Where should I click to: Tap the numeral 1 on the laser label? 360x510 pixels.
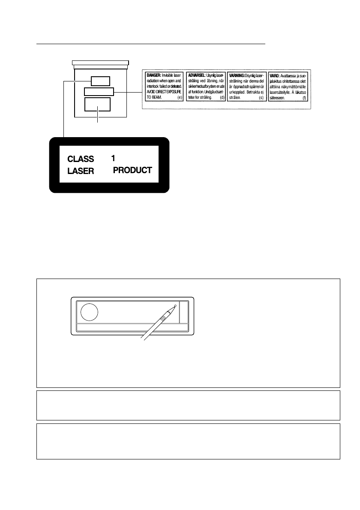click(x=113, y=158)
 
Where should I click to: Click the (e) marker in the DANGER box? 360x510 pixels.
click(x=179, y=98)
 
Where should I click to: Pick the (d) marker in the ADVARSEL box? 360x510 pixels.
click(x=222, y=98)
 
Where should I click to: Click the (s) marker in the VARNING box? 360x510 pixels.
click(x=261, y=98)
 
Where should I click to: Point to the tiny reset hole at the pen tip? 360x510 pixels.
click(x=175, y=306)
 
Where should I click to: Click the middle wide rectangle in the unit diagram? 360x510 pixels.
click(x=99, y=91)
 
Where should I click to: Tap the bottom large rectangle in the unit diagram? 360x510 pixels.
click(x=97, y=105)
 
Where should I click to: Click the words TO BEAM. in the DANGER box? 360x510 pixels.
click(x=153, y=98)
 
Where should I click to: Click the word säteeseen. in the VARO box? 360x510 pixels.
click(x=279, y=98)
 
